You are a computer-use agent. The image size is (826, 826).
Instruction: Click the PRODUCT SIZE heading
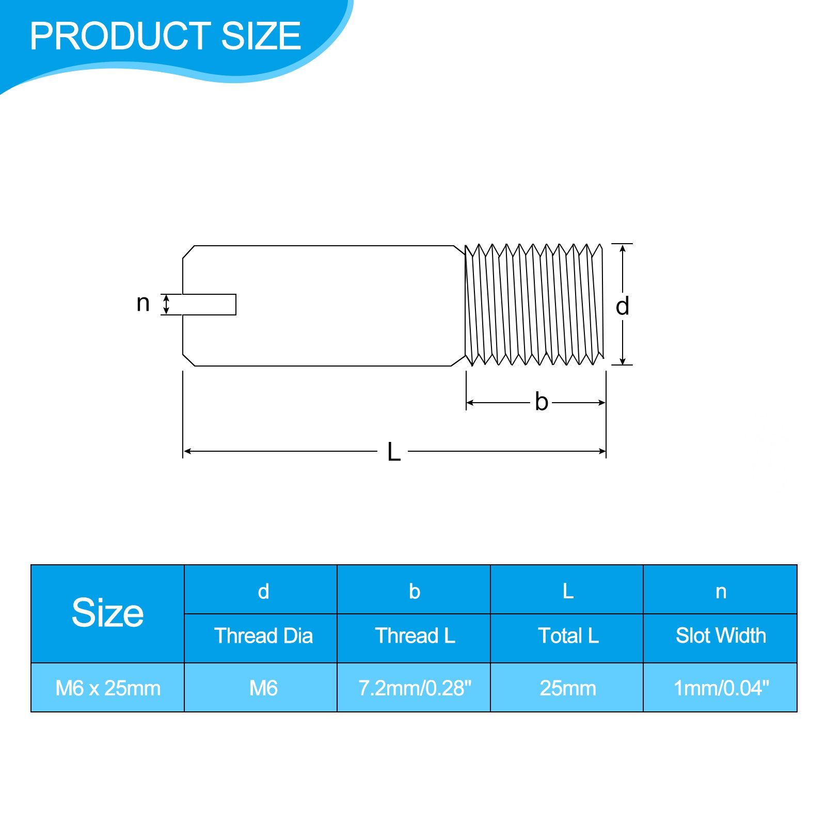tap(165, 36)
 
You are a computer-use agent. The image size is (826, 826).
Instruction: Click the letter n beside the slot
tap(143, 303)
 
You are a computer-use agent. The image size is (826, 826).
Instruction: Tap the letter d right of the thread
tap(622, 306)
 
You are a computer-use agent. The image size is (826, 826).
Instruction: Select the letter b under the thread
tap(541, 402)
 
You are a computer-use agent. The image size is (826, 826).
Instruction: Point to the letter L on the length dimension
tap(394, 452)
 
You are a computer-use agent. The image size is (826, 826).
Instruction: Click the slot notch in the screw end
tap(209, 305)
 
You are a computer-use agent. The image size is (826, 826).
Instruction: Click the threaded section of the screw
tap(534, 305)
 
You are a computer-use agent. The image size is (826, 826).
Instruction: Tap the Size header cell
tap(107, 613)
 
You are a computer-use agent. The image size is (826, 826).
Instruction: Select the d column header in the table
tap(263, 591)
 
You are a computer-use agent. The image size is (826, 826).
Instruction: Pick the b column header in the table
tap(414, 591)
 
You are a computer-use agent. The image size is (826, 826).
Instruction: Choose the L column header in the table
tap(567, 591)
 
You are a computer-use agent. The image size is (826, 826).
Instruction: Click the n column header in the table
tap(721, 591)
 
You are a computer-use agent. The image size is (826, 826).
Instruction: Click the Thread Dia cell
tap(263, 636)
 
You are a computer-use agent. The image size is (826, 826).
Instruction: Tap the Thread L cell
tap(415, 636)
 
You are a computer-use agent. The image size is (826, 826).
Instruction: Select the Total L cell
tap(568, 636)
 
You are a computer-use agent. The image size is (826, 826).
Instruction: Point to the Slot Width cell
tap(721, 636)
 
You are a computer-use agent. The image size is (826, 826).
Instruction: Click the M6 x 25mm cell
tap(108, 688)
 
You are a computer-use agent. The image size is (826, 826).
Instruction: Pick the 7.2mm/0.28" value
tap(415, 688)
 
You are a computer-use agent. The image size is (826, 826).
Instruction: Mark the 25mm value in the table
tap(568, 688)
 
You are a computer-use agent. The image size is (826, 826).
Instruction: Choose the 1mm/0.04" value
tap(721, 688)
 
